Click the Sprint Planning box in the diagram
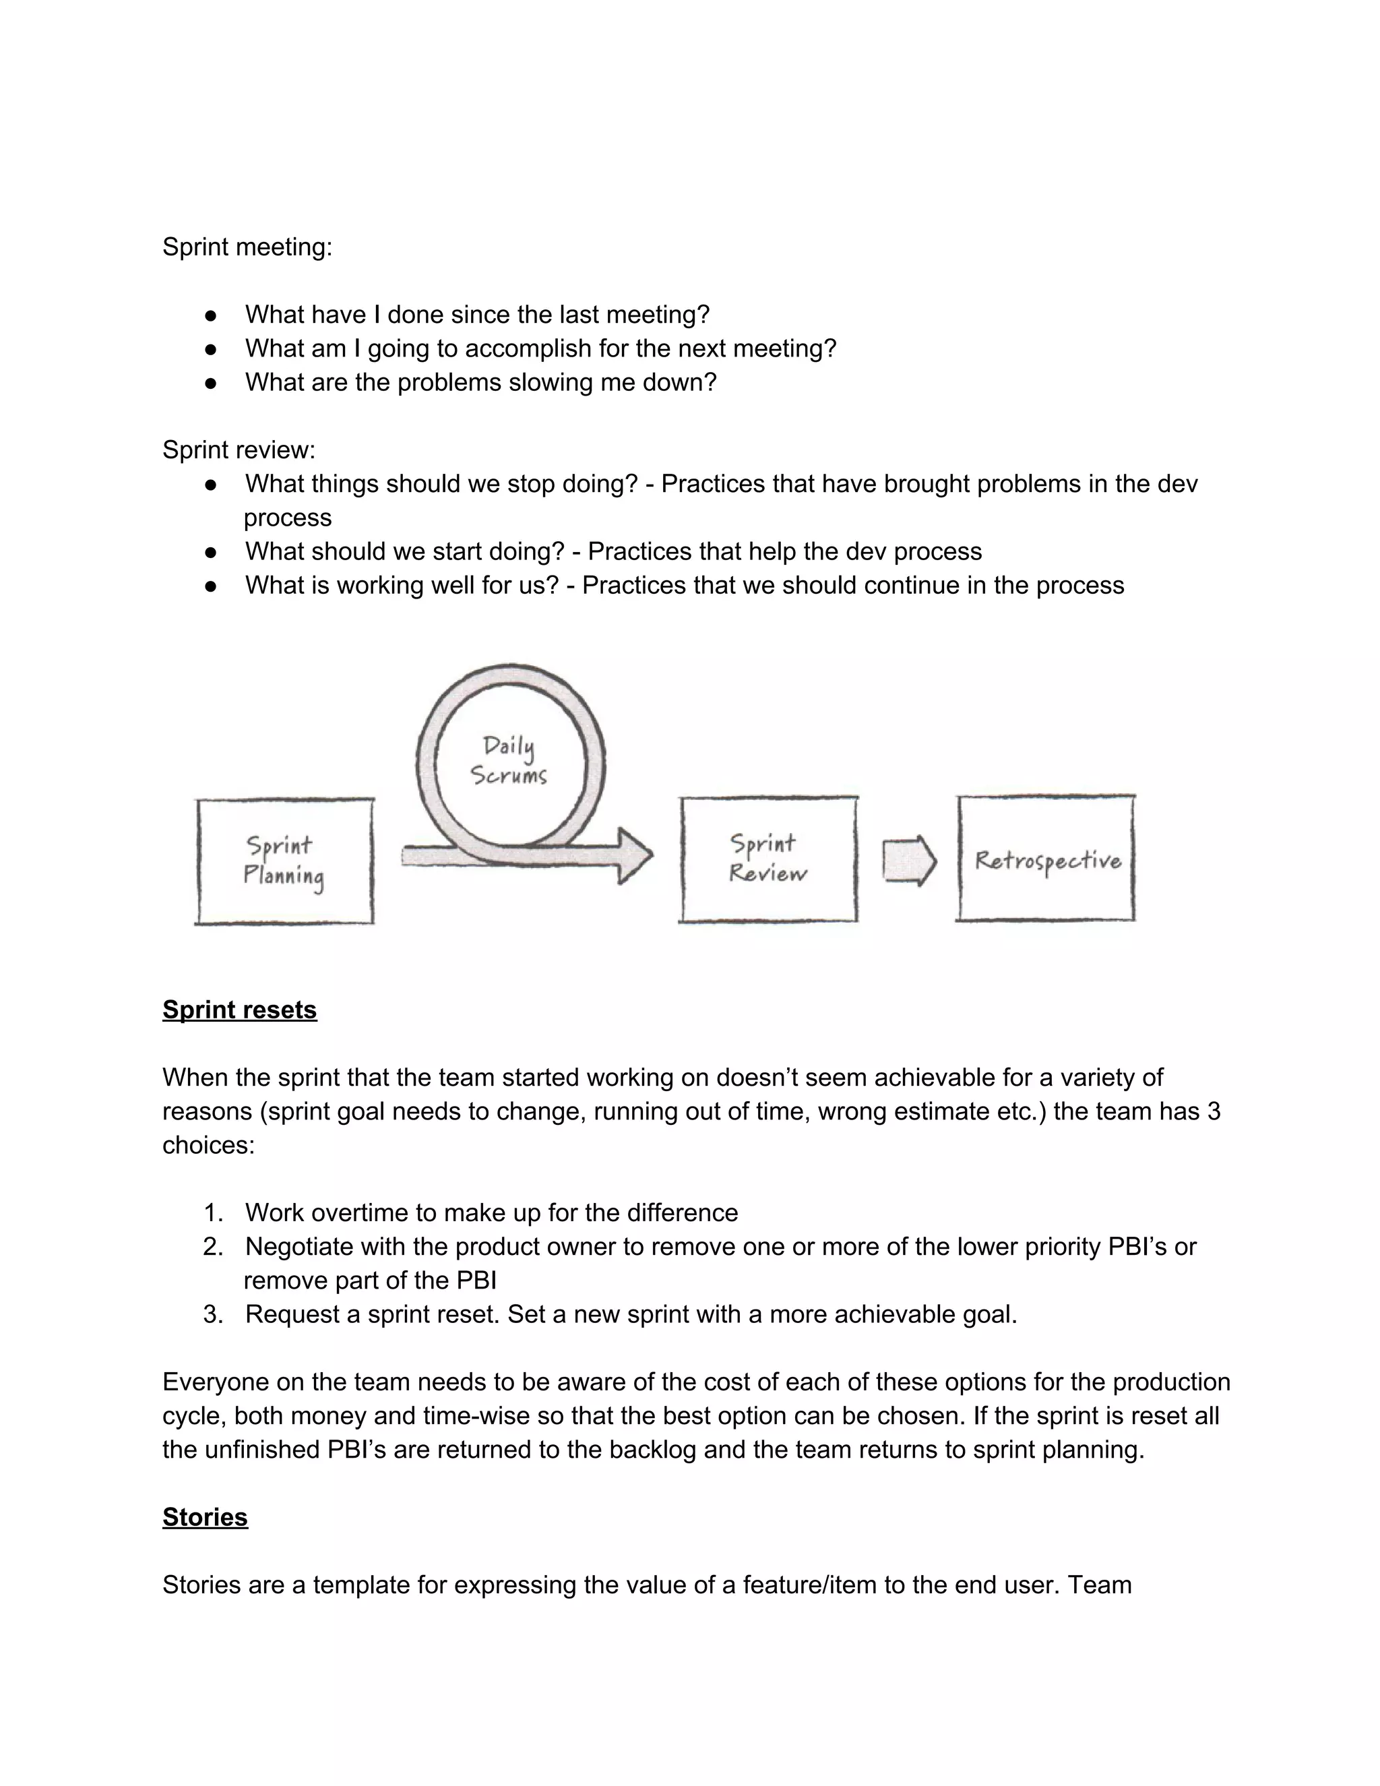284,861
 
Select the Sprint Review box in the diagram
767,859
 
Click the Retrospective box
1046,859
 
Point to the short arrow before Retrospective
908,860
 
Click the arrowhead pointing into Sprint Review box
634,855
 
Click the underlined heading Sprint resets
239,1010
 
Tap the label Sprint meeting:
247,247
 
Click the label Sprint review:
239,450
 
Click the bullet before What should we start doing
211,552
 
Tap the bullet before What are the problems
211,383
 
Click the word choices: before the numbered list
208,1145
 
